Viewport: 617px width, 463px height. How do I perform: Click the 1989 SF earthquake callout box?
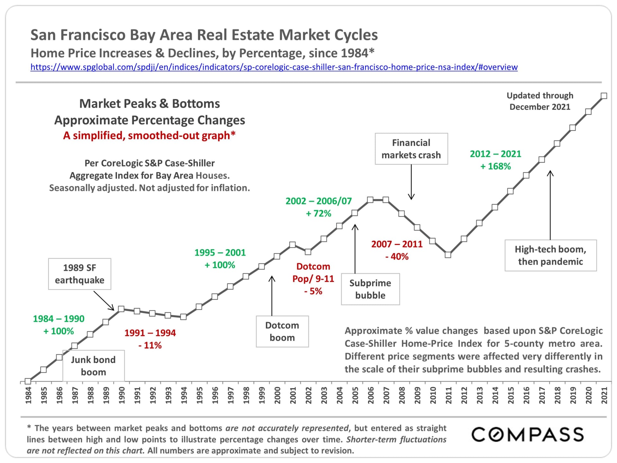coord(79,274)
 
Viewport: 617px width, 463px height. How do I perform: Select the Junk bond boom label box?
coord(93,366)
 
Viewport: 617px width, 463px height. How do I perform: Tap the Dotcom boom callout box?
coord(282,331)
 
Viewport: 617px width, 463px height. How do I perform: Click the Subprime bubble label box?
coord(370,289)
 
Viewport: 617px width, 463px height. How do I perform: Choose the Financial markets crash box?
coord(411,149)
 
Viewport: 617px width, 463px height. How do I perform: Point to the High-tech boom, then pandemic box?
coord(550,255)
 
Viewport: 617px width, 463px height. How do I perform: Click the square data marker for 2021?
coord(604,96)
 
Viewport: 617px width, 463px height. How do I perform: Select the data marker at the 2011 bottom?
coord(448,255)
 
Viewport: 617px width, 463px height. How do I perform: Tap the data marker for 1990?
coord(121,309)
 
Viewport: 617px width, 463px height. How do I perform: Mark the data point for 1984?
coord(28,381)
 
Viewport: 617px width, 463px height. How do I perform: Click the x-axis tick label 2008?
coord(402,395)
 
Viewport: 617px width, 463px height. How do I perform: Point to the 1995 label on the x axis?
coord(200,395)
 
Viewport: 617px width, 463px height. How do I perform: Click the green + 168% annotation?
coord(495,167)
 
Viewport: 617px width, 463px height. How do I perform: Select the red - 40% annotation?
coord(397,257)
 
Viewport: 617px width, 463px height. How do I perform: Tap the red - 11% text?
coord(150,345)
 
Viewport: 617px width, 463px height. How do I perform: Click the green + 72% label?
coord(318,213)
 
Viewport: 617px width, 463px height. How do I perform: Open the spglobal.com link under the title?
coord(274,67)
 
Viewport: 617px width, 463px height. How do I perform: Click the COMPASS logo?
coord(527,434)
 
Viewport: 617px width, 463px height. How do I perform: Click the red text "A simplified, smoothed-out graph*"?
coord(149,135)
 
